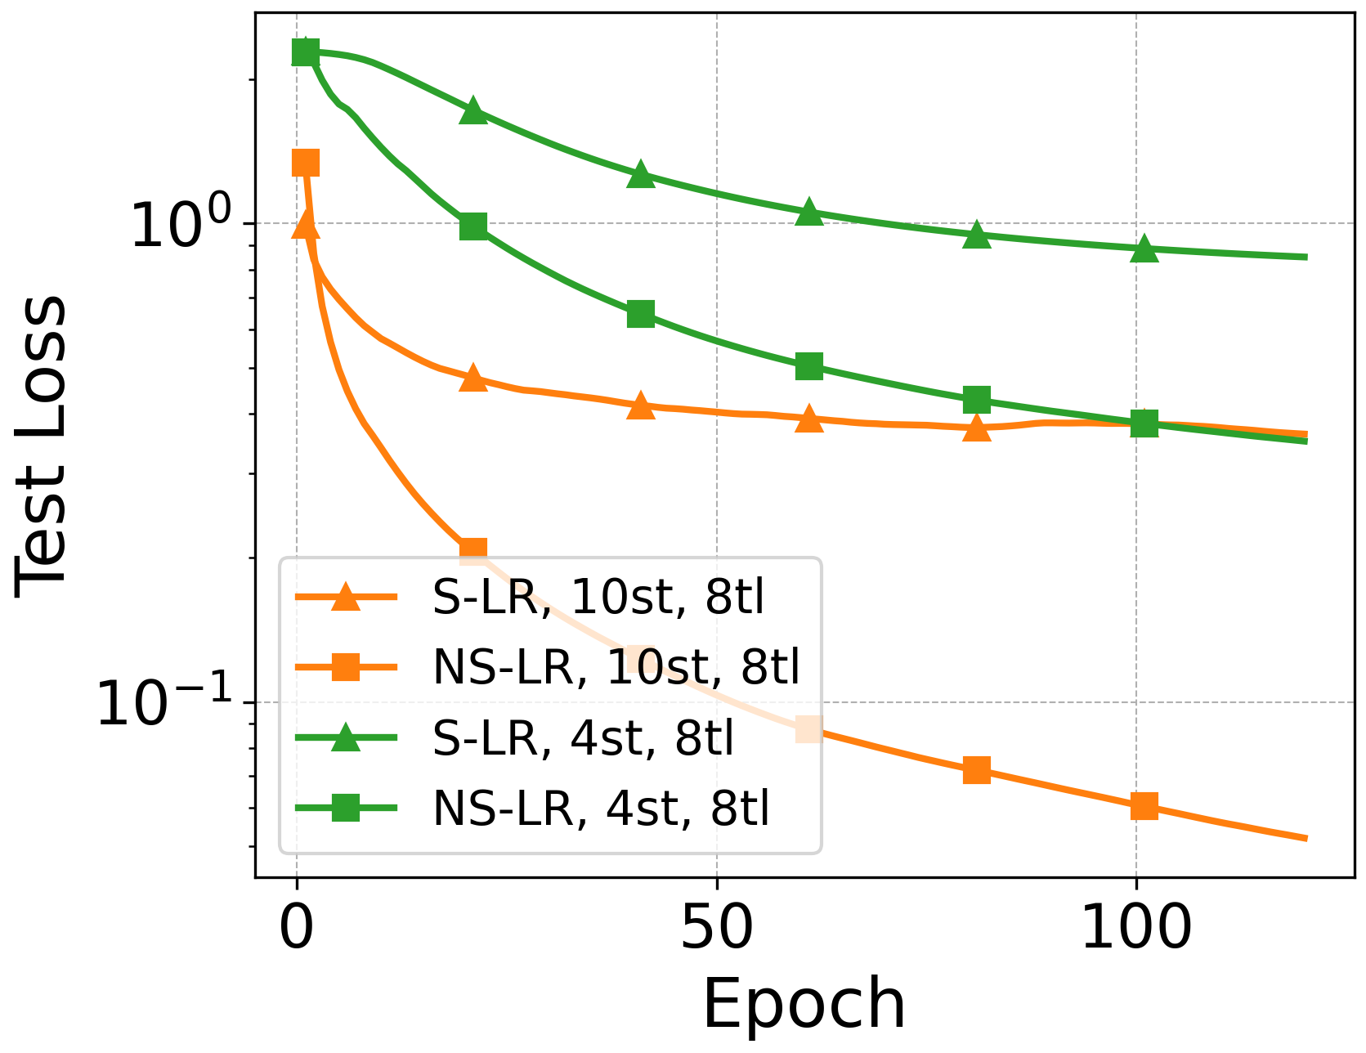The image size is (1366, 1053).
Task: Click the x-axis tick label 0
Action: click(x=296, y=929)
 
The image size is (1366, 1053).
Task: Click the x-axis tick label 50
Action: click(x=716, y=929)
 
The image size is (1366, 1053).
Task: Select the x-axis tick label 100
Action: click(x=1135, y=929)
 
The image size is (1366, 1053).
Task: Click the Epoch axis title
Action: click(x=804, y=1004)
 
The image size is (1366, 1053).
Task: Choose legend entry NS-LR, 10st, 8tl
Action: click(x=616, y=667)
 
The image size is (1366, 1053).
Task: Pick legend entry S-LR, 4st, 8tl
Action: click(x=583, y=737)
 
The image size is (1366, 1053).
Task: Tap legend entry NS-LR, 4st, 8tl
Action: click(x=601, y=808)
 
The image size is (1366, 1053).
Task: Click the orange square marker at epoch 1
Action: click(x=305, y=163)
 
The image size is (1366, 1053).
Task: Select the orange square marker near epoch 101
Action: click(x=1144, y=806)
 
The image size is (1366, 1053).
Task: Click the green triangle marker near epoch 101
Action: click(x=1144, y=249)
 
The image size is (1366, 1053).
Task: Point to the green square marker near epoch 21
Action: click(x=473, y=226)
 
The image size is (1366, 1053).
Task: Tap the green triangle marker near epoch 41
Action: click(x=641, y=174)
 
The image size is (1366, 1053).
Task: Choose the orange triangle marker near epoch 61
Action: click(x=808, y=419)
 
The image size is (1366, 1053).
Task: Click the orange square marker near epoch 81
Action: click(x=977, y=769)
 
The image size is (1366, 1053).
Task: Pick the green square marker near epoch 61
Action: click(x=808, y=366)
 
